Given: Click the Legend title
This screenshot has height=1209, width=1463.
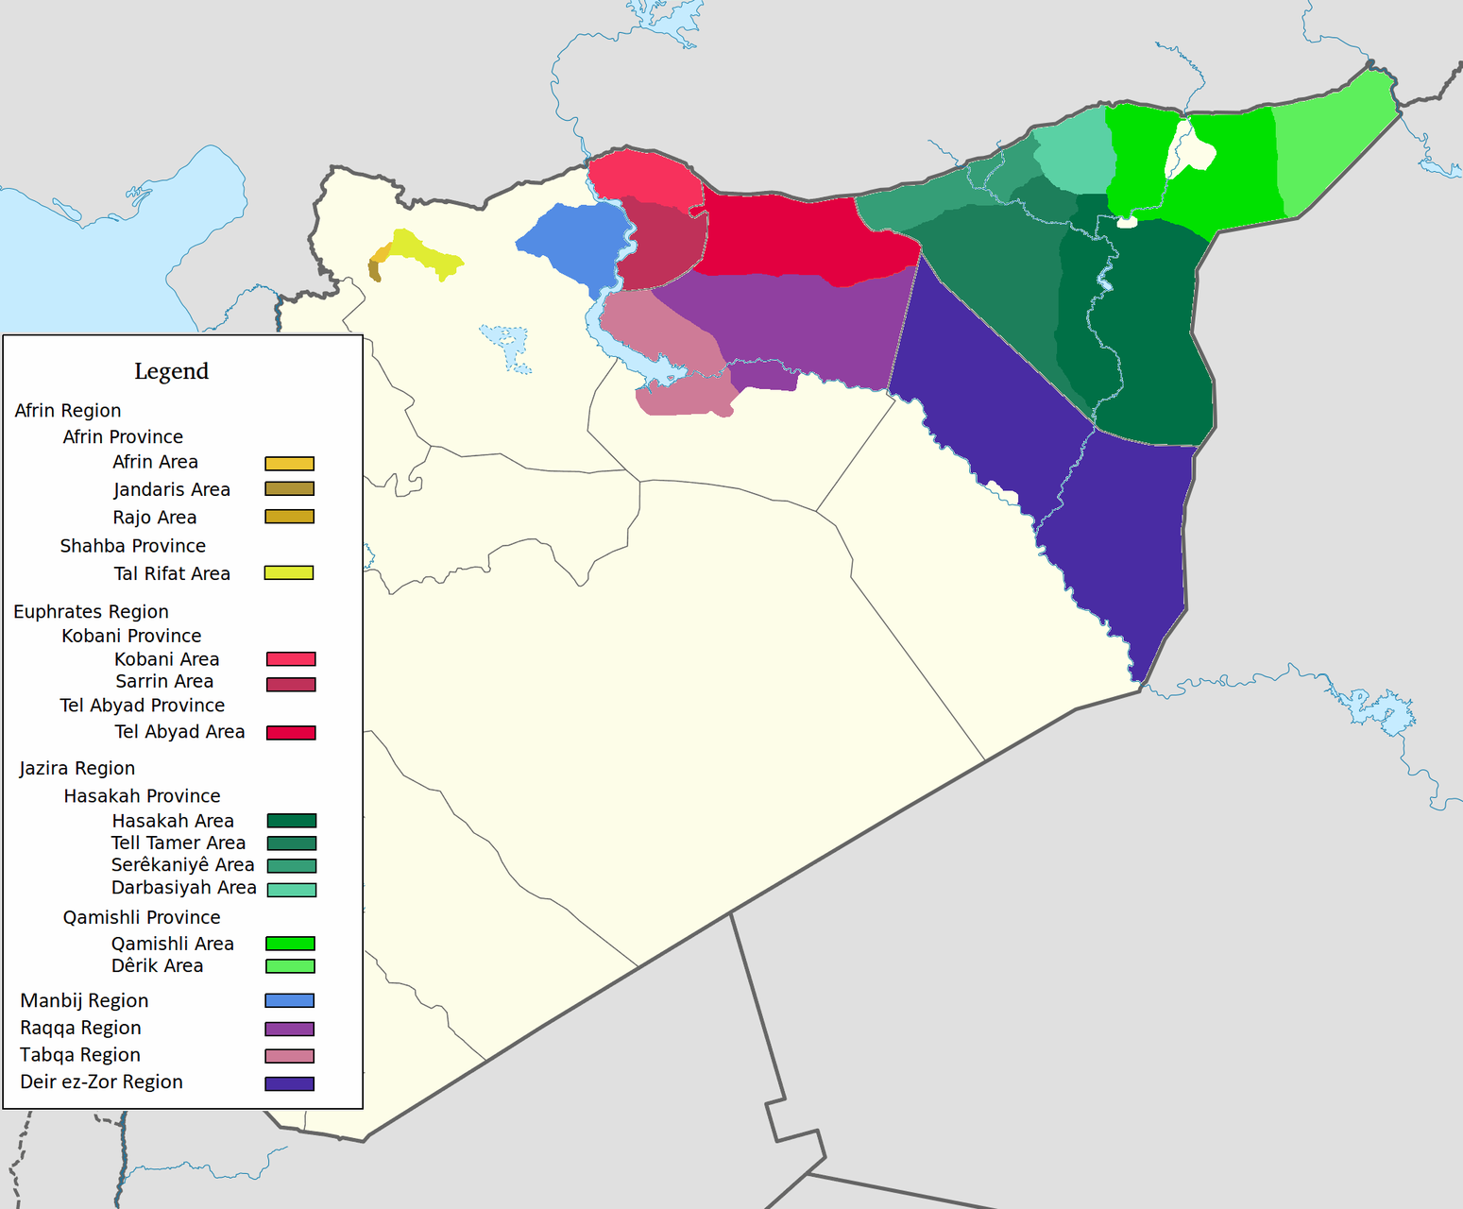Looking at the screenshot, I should [x=171, y=371].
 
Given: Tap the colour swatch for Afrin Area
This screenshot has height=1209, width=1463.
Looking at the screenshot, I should [x=289, y=464].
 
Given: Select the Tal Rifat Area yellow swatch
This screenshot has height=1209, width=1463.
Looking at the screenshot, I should [x=288, y=573].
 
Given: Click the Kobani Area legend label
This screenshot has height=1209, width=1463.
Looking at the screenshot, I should [x=166, y=659].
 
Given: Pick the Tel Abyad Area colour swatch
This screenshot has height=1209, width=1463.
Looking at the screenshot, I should [x=291, y=733].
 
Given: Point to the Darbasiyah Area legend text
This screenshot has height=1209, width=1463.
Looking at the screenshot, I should [x=183, y=888].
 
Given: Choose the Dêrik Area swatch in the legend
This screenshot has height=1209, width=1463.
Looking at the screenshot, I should [x=291, y=966].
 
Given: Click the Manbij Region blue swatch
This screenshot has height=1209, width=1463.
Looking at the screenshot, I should [x=289, y=1001].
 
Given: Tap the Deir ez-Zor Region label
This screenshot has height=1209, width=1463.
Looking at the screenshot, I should [x=101, y=1082].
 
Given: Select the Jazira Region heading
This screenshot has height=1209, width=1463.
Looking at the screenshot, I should [x=77, y=769].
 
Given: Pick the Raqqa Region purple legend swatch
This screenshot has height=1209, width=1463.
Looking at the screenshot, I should [x=289, y=1030].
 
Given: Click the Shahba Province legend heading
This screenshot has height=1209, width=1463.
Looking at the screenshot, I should [x=132, y=546].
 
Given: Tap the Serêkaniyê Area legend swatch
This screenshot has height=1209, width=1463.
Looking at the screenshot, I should [x=291, y=866].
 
